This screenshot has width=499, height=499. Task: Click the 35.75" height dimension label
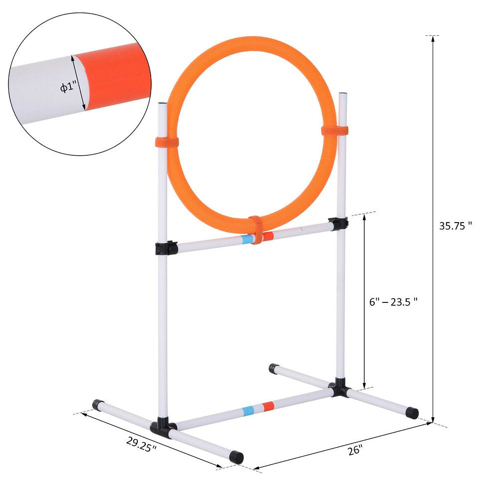tap(455, 226)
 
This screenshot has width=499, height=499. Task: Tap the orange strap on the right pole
tap(335, 131)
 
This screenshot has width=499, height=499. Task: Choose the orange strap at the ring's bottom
tap(255, 230)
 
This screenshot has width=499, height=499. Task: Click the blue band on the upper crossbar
tap(246, 239)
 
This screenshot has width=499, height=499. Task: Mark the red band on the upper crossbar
tap(268, 235)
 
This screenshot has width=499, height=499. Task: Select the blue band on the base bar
tap(247, 411)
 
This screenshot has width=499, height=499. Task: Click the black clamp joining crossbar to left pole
tap(166, 248)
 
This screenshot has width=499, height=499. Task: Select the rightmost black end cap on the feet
tap(412, 413)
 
